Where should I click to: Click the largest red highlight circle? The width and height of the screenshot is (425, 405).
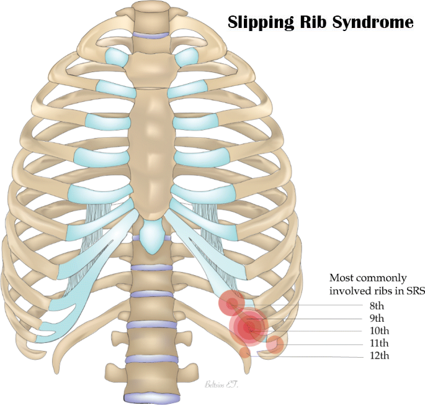(249, 327)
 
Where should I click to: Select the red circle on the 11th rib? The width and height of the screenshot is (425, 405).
(275, 344)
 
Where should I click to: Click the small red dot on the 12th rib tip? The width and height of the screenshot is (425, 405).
(246, 352)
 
